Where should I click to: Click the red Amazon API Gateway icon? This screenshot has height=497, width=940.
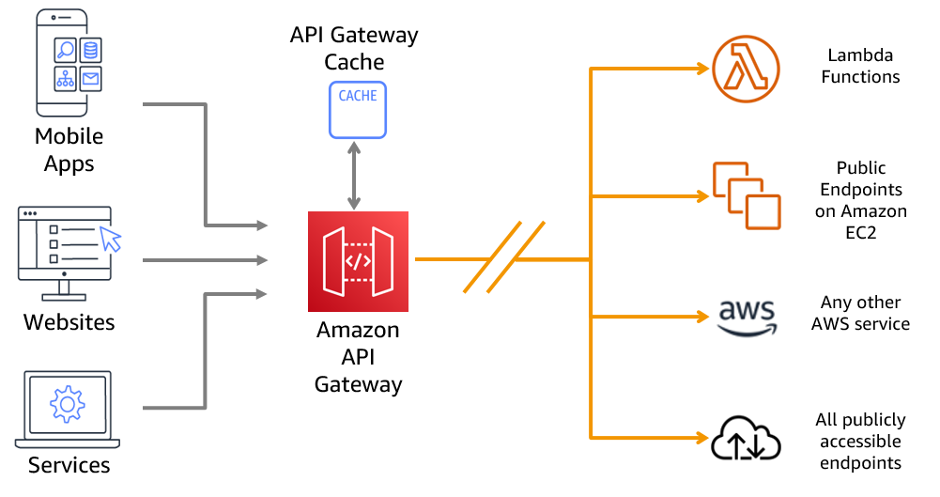pyautogui.click(x=359, y=261)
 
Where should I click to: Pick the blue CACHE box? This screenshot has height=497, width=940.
pyautogui.click(x=358, y=110)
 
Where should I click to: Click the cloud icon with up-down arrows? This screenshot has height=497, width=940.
pyautogui.click(x=746, y=437)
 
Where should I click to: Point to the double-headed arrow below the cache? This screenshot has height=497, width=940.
pyautogui.click(x=354, y=176)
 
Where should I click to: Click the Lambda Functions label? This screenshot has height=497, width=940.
pyautogui.click(x=860, y=67)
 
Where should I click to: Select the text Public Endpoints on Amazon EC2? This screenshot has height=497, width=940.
pyautogui.click(x=860, y=200)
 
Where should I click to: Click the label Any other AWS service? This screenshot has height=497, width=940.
pyautogui.click(x=860, y=314)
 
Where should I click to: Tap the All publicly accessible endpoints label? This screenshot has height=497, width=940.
pyautogui.click(x=860, y=442)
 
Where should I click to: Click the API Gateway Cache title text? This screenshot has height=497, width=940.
pyautogui.click(x=354, y=49)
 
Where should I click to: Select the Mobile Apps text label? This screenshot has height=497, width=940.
pyautogui.click(x=69, y=150)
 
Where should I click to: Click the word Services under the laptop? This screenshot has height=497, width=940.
pyautogui.click(x=69, y=465)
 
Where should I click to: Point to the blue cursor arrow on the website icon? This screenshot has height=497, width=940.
pyautogui.click(x=111, y=239)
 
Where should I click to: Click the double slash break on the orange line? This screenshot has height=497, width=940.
pyautogui.click(x=503, y=258)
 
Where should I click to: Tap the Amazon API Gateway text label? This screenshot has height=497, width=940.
pyautogui.click(x=358, y=357)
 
